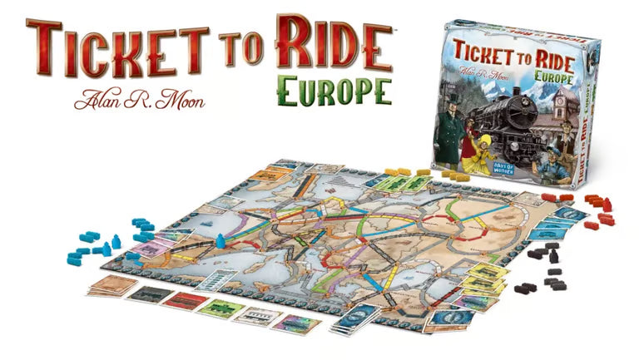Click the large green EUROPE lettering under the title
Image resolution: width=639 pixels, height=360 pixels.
[x=334, y=92]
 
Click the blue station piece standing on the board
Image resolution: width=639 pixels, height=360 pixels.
[x=220, y=240]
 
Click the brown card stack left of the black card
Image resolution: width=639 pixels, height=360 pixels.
[x=110, y=286]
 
